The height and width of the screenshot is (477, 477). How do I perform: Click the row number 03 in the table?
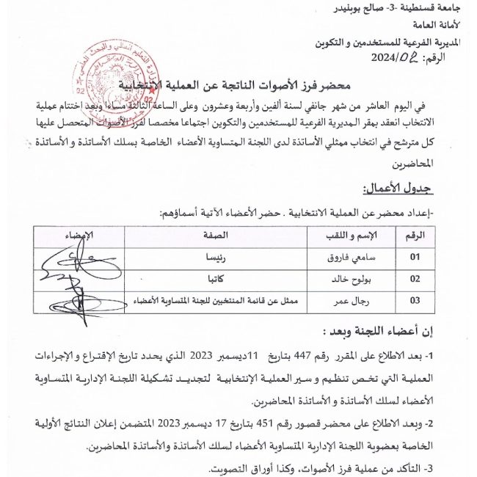pos(416,300)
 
